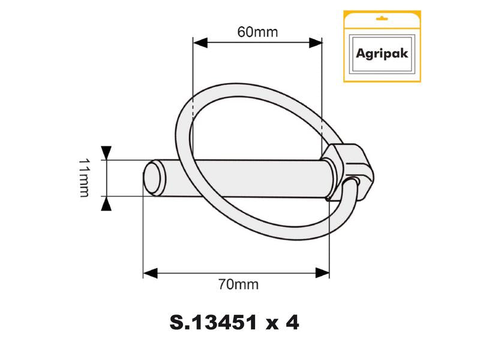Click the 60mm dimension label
point(257,32)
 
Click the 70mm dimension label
point(239,284)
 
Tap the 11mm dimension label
point(83,178)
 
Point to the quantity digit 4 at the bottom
point(292,323)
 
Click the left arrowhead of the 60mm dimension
point(199,43)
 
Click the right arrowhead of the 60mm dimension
point(316,43)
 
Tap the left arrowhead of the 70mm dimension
point(149,273)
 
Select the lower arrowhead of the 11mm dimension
point(106,205)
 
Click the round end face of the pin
point(154,178)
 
